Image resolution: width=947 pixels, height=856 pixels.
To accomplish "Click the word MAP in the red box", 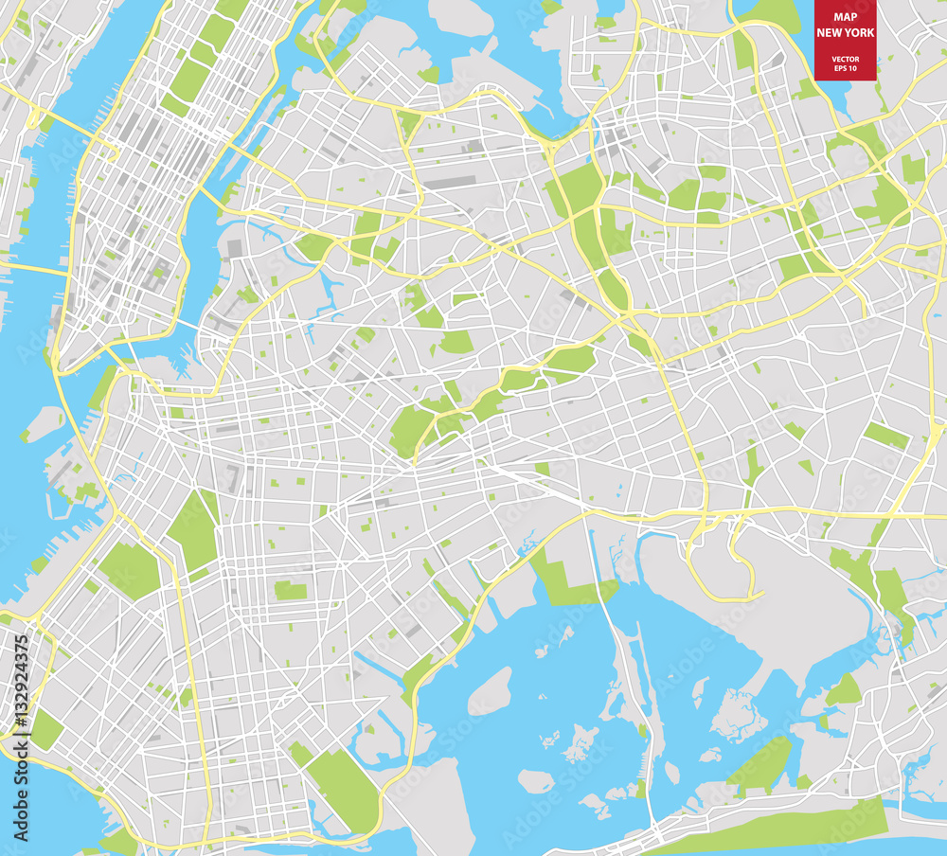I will pyautogui.click(x=847, y=17).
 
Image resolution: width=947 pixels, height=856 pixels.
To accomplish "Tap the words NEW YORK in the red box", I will pyautogui.click(x=847, y=32).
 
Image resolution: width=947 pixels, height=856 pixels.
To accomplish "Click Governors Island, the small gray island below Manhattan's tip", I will pyautogui.click(x=44, y=422).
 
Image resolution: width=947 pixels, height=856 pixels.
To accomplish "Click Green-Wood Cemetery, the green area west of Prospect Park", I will pyautogui.click(x=129, y=569).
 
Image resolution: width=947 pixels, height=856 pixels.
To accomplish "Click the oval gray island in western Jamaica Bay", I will pyautogui.click(x=490, y=691).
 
